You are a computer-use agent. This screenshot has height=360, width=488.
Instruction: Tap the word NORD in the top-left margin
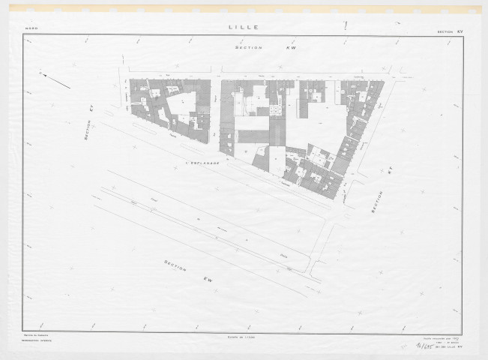(31, 30)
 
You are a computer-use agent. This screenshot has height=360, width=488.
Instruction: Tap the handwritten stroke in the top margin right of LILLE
(345, 25)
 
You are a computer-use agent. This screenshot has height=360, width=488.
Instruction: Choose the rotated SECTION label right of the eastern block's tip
(379, 202)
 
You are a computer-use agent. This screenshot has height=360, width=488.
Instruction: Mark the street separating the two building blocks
(216, 112)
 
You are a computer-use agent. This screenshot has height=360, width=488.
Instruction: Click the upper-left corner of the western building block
(131, 79)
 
